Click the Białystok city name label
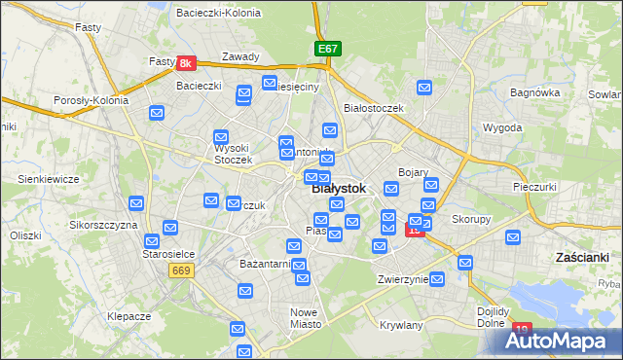pyautogui.click(x=339, y=189)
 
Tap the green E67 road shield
pyautogui.click(x=328, y=48)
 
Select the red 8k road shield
pyautogui.click(x=188, y=63)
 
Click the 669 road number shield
pyautogui.click(x=178, y=270)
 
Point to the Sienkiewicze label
pyautogui.click(x=48, y=179)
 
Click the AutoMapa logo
pyautogui.click(x=556, y=340)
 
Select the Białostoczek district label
pyautogui.click(x=374, y=108)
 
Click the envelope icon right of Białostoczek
pyautogui.click(x=424, y=89)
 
